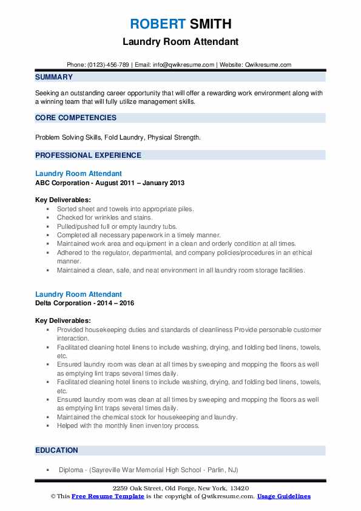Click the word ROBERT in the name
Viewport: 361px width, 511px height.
(158, 24)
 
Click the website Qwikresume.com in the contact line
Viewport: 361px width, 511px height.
(269, 64)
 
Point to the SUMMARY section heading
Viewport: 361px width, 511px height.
(54, 77)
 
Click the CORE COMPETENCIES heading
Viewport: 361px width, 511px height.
(76, 118)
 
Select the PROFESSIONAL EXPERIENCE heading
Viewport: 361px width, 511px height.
(88, 155)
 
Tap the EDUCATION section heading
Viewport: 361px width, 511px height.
(56, 450)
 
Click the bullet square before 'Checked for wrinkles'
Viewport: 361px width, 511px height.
(47, 217)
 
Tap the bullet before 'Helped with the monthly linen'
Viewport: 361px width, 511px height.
(47, 426)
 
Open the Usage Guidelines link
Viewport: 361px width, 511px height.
(283, 496)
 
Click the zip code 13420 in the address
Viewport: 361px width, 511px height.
(238, 489)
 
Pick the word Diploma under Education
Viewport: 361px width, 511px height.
(71, 470)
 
